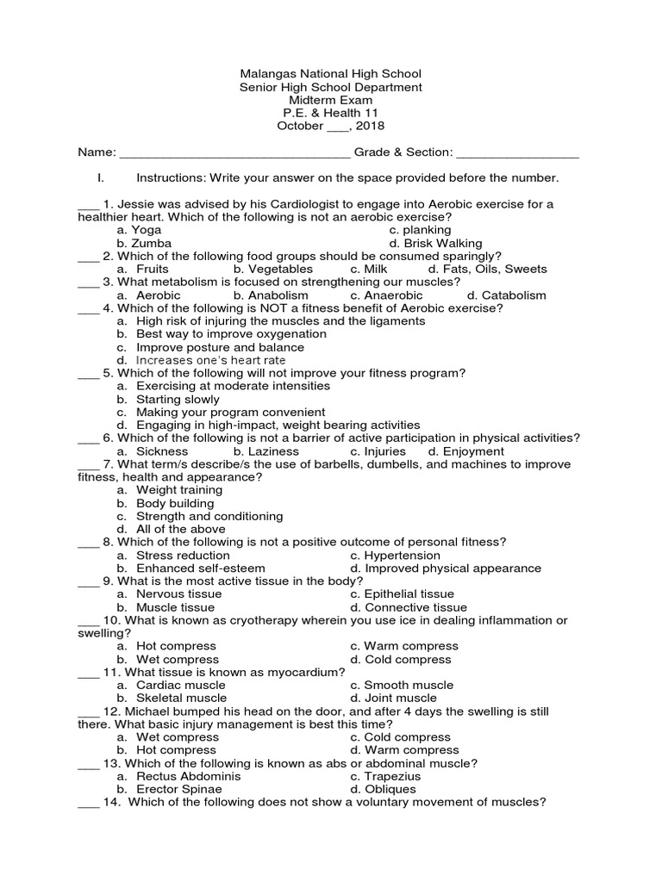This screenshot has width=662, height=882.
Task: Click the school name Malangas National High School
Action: (331, 74)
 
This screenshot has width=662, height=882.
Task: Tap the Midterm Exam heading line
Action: (331, 100)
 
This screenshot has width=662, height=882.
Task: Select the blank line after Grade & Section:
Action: (517, 155)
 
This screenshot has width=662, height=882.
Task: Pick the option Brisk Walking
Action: (443, 244)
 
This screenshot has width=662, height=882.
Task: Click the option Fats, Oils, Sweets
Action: (495, 269)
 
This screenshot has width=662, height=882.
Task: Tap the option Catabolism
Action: (514, 295)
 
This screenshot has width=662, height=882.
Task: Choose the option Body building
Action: (175, 503)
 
